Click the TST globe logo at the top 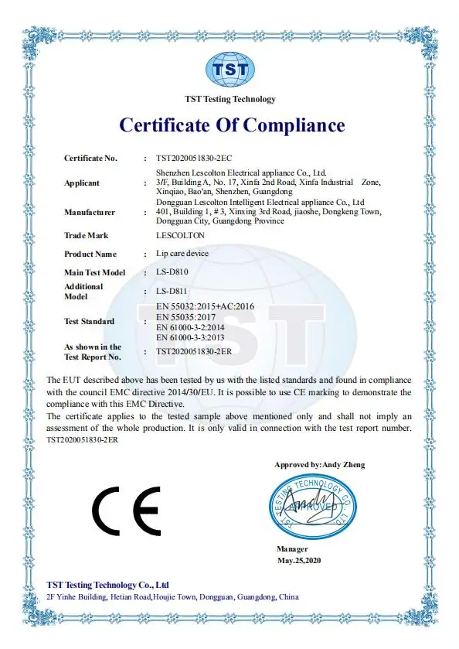229,69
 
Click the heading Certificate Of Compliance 231,125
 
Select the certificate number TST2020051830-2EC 189,158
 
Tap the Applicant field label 81,183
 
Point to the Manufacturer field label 90,212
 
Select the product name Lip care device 182,254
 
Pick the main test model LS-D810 173,272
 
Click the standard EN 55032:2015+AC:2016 205,307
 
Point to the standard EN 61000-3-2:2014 192,327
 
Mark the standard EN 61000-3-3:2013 192,337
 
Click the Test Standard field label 89,321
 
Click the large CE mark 125,508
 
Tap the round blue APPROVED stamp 314,507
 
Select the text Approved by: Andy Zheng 319,465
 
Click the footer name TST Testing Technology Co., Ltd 107,585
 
